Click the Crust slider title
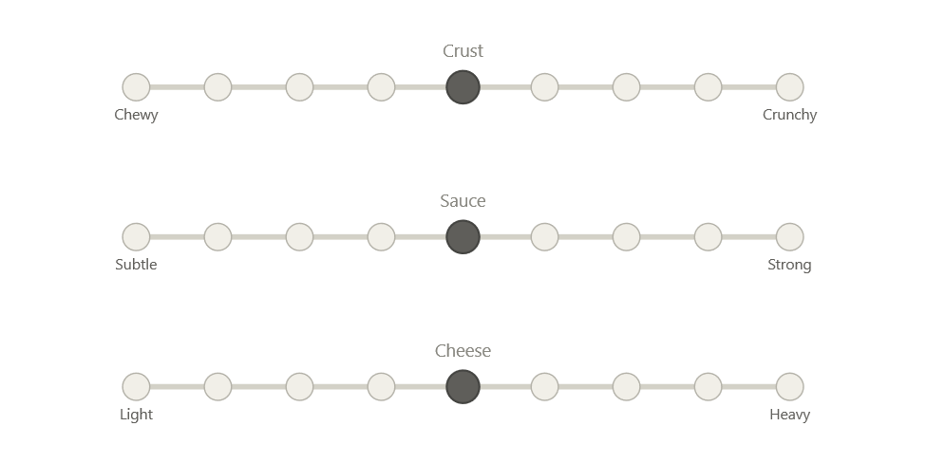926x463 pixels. tap(463, 51)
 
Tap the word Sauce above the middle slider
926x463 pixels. tap(463, 201)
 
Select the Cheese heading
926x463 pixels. tap(463, 351)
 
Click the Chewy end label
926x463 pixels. tap(136, 115)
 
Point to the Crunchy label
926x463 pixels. tap(790, 115)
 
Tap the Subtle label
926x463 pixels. tap(136, 265)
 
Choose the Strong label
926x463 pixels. tap(790, 265)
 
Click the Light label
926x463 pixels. tap(136, 415)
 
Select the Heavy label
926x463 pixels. tap(790, 415)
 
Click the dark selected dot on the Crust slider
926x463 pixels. tap(463, 87)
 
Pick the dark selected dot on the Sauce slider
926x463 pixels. tap(463, 237)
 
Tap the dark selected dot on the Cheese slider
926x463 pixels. tap(463, 387)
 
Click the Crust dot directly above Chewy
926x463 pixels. tap(136, 87)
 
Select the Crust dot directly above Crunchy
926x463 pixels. tap(790, 87)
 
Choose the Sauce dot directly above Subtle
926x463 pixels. tap(136, 237)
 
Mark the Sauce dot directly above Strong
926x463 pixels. tap(790, 237)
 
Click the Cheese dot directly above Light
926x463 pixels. tap(136, 387)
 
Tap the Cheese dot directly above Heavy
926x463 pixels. tap(790, 387)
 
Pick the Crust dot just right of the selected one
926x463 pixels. tap(544, 87)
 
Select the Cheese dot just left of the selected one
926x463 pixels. tap(381, 387)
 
